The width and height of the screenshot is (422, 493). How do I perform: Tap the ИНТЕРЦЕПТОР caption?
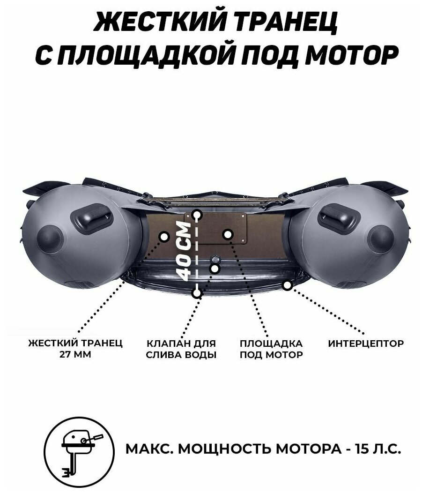click(366, 344)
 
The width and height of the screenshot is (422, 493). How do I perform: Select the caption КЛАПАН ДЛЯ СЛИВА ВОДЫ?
click(181, 349)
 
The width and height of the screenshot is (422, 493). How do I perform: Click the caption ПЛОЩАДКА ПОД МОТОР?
click(271, 349)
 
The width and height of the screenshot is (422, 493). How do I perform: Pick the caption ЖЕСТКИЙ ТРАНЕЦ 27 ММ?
click(75, 349)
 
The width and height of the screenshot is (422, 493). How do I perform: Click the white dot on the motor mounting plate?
click(228, 234)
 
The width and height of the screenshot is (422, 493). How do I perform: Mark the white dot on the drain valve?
click(215, 268)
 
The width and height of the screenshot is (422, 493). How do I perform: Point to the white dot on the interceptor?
click(287, 284)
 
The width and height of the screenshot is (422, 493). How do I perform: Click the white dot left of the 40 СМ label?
click(164, 236)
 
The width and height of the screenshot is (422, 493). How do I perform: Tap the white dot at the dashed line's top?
click(197, 216)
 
